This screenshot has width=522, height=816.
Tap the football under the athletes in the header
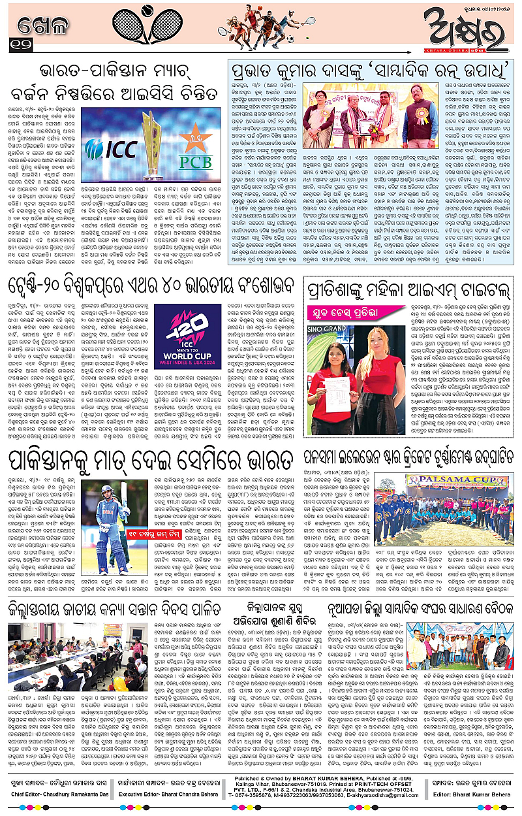(x=290, y=39)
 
